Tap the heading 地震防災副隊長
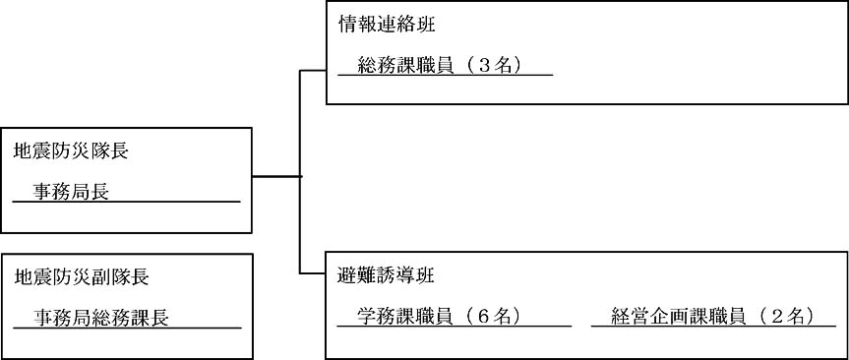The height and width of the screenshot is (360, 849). point(81,277)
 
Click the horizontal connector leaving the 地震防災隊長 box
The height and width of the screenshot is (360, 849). point(275,176)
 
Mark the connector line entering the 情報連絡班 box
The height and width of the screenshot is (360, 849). point(313,71)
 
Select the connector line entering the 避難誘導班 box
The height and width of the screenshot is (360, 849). point(313,272)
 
